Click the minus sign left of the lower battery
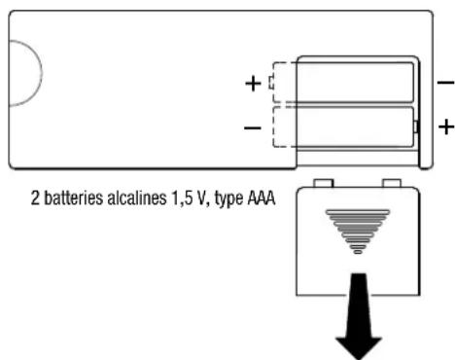pyautogui.click(x=253, y=126)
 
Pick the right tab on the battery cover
pyautogui.click(x=394, y=183)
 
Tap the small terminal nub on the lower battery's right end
pyautogui.click(x=416, y=126)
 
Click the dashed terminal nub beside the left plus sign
pyautogui.click(x=272, y=84)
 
